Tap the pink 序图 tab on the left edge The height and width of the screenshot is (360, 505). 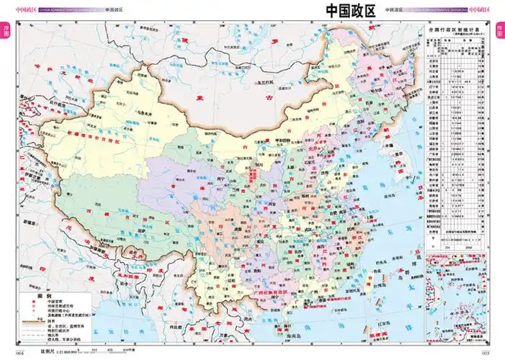coord(5,32)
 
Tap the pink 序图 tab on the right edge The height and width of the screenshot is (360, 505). coord(500,32)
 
